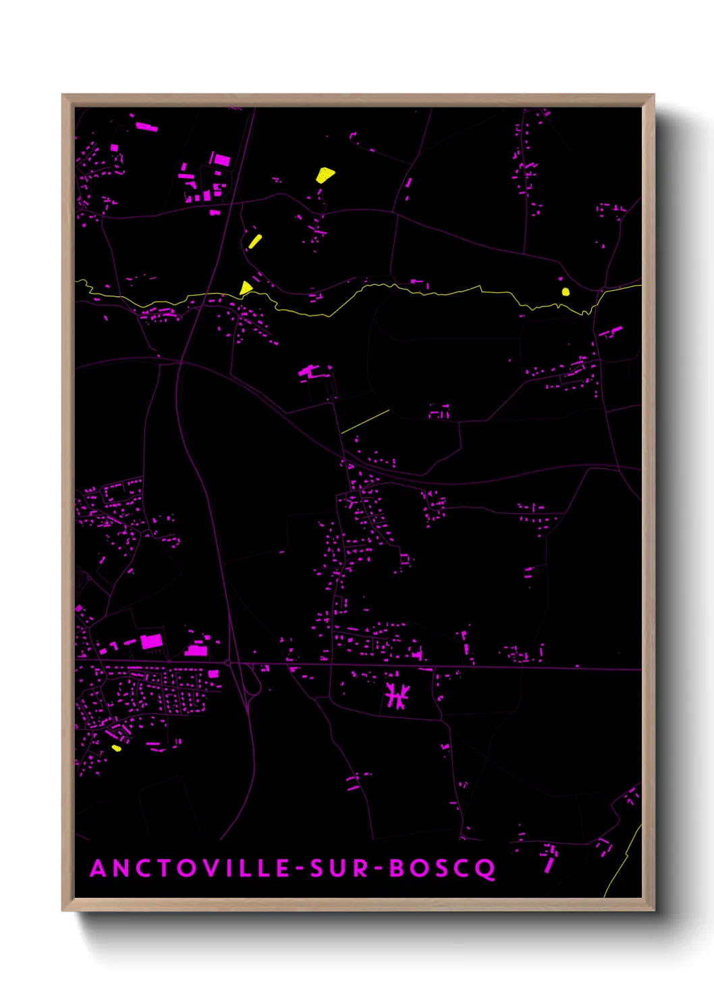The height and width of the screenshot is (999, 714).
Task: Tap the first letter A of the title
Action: (99, 869)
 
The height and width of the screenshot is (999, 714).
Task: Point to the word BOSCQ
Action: (443, 869)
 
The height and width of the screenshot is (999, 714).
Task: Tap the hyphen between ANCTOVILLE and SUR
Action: (297, 869)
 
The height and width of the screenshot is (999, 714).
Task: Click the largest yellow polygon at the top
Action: (325, 175)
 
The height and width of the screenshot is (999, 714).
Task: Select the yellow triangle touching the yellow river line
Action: (246, 289)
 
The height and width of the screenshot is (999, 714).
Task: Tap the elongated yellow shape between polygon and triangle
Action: (254, 241)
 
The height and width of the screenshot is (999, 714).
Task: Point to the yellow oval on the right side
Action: (566, 292)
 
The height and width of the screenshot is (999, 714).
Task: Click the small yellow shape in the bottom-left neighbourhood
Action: (116, 748)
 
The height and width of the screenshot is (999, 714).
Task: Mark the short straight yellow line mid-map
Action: (365, 421)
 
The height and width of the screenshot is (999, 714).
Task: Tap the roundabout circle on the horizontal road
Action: (228, 664)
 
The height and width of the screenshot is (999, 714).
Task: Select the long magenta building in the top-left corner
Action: (146, 126)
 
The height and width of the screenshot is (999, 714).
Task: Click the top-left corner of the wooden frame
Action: (63, 95)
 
